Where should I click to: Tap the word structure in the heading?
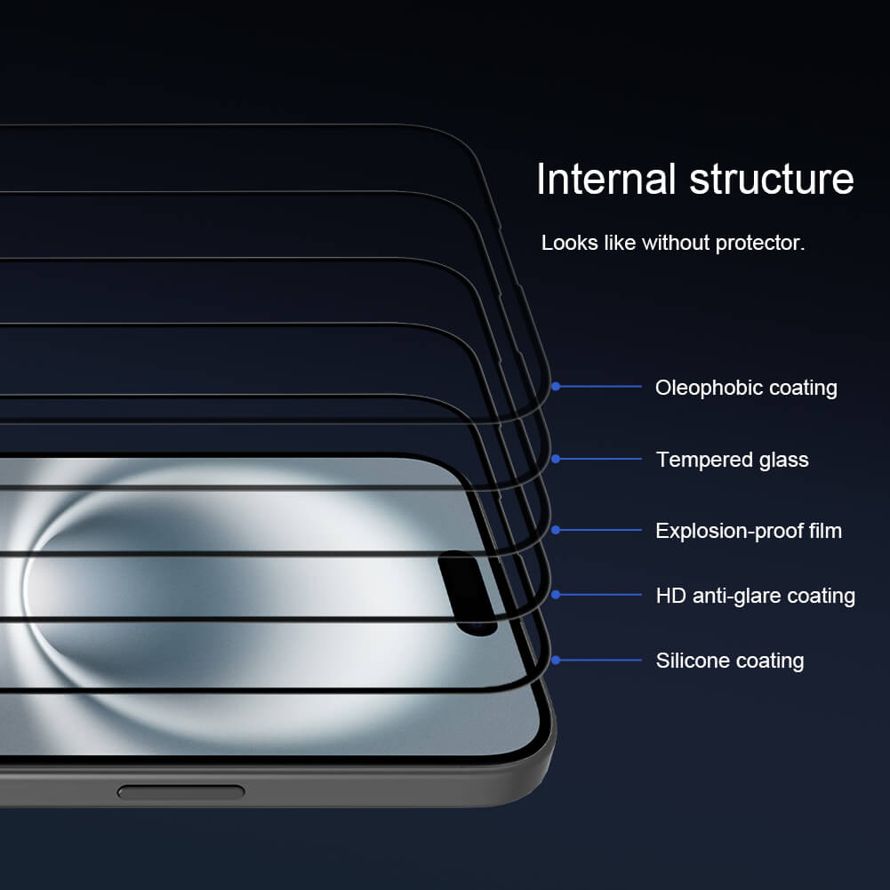pyautogui.click(x=772, y=179)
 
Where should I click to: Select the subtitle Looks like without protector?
pyautogui.click(x=673, y=243)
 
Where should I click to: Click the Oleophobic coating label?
pyautogui.click(x=746, y=388)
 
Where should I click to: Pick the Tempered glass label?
pyautogui.click(x=732, y=460)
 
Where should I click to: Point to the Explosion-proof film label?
pyautogui.click(x=748, y=531)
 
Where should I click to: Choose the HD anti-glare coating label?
pyautogui.click(x=755, y=596)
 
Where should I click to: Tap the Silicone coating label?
pyautogui.click(x=729, y=661)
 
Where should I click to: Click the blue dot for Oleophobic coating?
pyautogui.click(x=556, y=387)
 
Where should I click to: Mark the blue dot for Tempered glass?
pyautogui.click(x=556, y=459)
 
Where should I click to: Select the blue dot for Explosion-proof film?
pyautogui.click(x=556, y=530)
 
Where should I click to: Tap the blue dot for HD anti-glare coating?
pyautogui.click(x=556, y=595)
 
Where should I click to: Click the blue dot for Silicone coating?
pyautogui.click(x=556, y=660)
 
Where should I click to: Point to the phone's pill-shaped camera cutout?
pyautogui.click(x=468, y=592)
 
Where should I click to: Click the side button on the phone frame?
pyautogui.click(x=180, y=791)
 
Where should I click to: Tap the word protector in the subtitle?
pyautogui.click(x=762, y=243)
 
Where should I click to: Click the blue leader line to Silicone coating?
pyautogui.click(x=600, y=660)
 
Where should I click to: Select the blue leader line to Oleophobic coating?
pyautogui.click(x=600, y=387)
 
